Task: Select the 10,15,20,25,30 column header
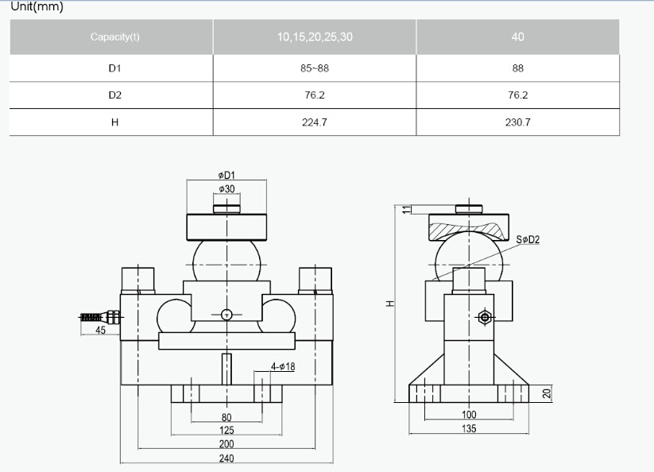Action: pos(315,37)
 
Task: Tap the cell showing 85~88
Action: pos(315,68)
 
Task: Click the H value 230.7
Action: pos(517,122)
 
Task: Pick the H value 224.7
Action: pos(315,122)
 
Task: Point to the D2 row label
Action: pos(114,95)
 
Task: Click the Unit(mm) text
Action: pos(37,6)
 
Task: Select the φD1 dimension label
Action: pos(226,175)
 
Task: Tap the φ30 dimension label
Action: pos(226,189)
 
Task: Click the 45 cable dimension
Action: pos(100,331)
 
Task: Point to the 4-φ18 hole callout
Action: pos(283,366)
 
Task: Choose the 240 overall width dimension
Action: pos(226,458)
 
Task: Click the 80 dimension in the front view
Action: pos(226,417)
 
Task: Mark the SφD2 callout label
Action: pos(528,239)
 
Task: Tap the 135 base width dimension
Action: pos(469,428)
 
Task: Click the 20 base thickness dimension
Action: pos(547,393)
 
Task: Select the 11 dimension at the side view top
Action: pos(407,209)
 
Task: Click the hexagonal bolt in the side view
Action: pos(484,318)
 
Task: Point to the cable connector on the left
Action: pos(101,317)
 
